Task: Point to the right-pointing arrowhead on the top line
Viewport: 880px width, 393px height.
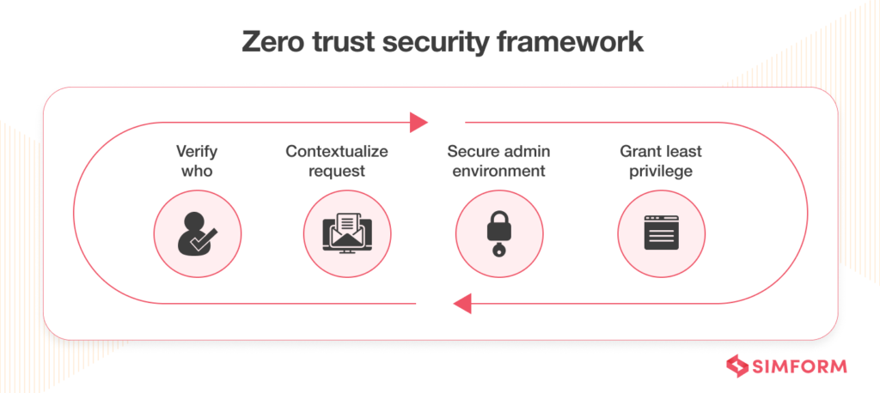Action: pyautogui.click(x=419, y=123)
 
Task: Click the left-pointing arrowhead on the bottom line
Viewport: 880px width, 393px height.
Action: pyautogui.click(x=461, y=302)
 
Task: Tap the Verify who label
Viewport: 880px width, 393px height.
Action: pyautogui.click(x=197, y=160)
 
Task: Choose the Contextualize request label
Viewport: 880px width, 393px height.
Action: pyautogui.click(x=337, y=160)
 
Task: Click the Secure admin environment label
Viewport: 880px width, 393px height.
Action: pyautogui.click(x=498, y=160)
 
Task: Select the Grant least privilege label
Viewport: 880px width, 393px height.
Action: pyautogui.click(x=661, y=160)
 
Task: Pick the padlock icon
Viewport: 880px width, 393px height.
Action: pyautogui.click(x=498, y=233)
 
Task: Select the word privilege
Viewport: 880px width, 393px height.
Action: pyautogui.click(x=661, y=171)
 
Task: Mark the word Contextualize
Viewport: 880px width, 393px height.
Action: pyautogui.click(x=337, y=151)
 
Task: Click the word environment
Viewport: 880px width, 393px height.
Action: pyautogui.click(x=498, y=171)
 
